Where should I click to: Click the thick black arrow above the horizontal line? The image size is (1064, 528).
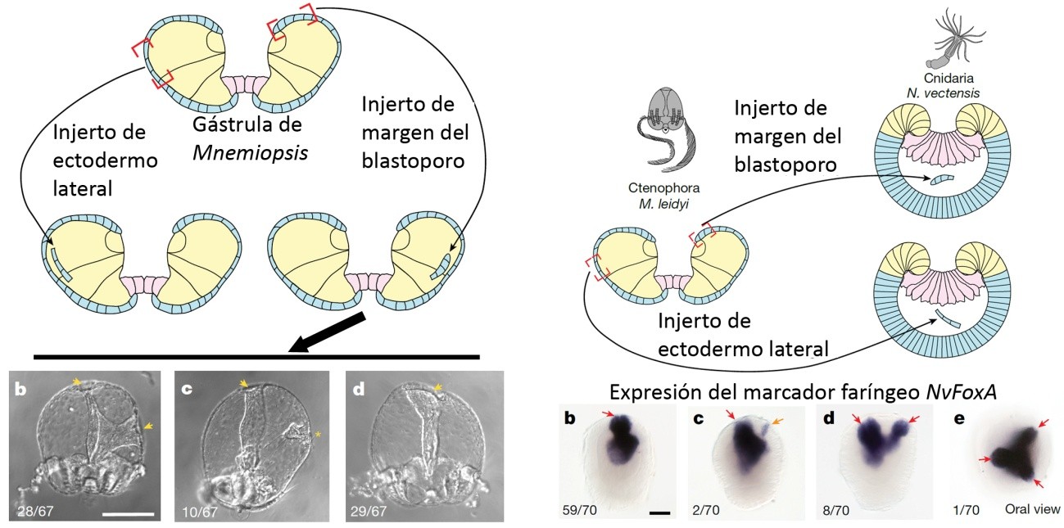pos(328,332)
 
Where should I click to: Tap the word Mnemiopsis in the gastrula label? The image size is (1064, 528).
pos(251,153)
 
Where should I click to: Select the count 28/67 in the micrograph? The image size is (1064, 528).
pos(35,512)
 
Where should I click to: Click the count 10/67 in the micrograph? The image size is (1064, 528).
pos(201,512)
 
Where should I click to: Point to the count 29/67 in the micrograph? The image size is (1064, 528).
pos(368,512)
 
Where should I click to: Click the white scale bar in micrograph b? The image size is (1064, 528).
pos(129,513)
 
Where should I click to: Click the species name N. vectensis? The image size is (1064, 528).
pos(943,93)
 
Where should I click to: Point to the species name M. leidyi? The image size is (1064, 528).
pos(663,205)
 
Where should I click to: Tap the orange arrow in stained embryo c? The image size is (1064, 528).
pos(772,422)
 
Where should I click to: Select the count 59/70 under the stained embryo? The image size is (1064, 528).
pos(580,510)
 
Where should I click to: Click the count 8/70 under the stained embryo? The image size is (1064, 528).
pos(836,510)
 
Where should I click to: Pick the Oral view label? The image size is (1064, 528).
pos(1032,508)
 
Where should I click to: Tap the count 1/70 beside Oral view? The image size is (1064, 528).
pos(967,510)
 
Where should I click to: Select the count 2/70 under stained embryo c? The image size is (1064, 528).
pos(706,510)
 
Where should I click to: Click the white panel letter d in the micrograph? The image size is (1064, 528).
pos(359,389)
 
